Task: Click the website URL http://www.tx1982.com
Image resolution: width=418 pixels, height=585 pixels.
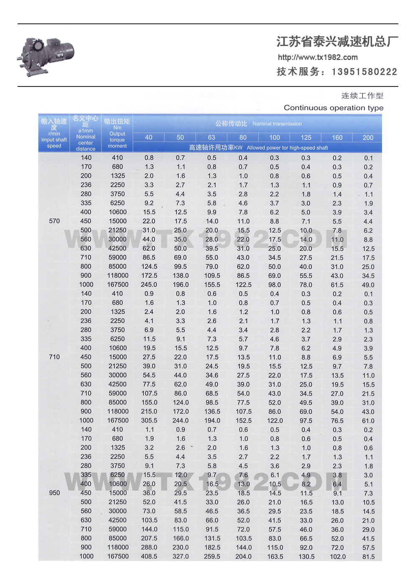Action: [318, 57]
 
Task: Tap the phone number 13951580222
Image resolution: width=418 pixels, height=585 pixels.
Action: [364, 72]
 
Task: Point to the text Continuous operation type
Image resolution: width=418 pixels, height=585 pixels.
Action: [334, 108]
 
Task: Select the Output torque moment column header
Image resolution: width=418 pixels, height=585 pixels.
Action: [117, 133]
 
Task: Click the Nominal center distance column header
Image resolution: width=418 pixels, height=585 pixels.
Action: [86, 133]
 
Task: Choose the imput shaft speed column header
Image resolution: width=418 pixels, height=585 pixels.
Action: [54, 133]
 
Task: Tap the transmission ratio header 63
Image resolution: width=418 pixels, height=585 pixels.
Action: [212, 137]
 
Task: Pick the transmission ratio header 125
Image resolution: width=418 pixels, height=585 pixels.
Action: [306, 137]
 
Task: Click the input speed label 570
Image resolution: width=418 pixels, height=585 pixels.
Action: [54, 221]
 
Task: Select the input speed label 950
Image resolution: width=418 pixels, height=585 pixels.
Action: [54, 493]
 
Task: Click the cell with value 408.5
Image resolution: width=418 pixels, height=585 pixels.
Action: [149, 557]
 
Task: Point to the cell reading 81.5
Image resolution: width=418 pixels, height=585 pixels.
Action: [368, 557]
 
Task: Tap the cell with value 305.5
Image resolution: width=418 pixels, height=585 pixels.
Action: [149, 421]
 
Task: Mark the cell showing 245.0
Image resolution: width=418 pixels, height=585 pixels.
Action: [149, 285]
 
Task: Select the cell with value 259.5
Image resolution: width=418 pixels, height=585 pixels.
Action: [212, 557]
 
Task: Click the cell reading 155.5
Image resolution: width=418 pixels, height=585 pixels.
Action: [212, 285]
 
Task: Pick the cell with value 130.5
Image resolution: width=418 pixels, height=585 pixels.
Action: [306, 557]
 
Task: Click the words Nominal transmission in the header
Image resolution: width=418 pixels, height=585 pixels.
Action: [277, 124]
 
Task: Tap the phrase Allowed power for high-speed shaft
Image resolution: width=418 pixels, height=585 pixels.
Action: [287, 148]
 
